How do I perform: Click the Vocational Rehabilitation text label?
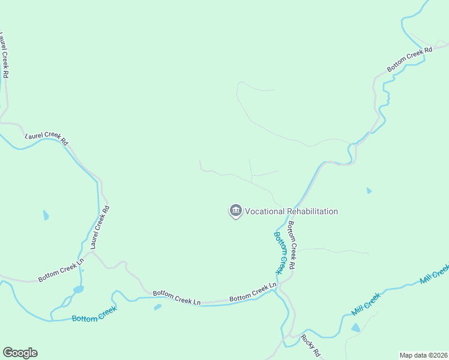pyautogui.click(x=291, y=211)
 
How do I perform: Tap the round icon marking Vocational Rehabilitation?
pyautogui.click(x=235, y=211)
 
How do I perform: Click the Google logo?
pyautogui.click(x=20, y=353)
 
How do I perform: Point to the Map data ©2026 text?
pyautogui.click(x=424, y=355)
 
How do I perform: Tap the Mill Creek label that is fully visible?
pyautogui.click(x=365, y=304)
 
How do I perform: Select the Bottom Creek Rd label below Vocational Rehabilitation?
pyautogui.click(x=292, y=245)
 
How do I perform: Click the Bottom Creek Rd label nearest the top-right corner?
pyautogui.click(x=410, y=60)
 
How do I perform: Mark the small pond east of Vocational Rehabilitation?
pyautogui.click(x=369, y=191)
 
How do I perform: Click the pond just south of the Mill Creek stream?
pyautogui.click(x=356, y=328)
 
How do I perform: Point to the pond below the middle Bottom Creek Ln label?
pyautogui.click(x=157, y=307)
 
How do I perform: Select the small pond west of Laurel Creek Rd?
pyautogui.click(x=46, y=215)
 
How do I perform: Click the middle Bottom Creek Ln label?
pyautogui.click(x=176, y=297)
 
